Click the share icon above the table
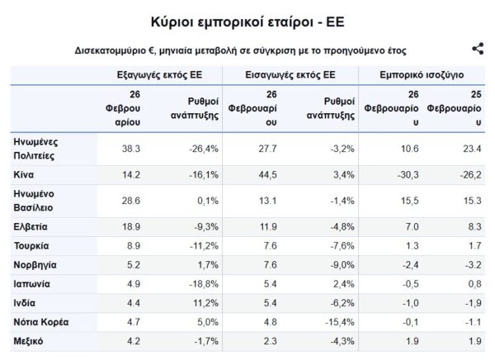[477, 50]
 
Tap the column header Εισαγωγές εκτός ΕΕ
[290, 73]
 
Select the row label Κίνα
[24, 175]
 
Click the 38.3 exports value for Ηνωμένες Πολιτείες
[131, 149]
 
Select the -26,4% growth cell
[202, 149]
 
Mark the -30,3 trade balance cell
[407, 175]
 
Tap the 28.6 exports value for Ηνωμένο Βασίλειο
[131, 200]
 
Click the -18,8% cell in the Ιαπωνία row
[202, 283]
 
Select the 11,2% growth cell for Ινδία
[205, 302]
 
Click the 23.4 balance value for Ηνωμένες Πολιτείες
[471, 149]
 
